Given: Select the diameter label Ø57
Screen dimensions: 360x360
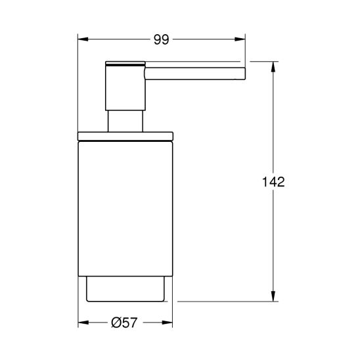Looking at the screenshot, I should coord(125,323).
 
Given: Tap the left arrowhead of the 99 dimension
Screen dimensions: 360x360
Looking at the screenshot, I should coord(82,39).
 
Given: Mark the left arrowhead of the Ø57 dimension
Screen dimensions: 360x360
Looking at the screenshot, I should coord(82,323).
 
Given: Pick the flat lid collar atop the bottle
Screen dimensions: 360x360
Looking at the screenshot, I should coord(125,136).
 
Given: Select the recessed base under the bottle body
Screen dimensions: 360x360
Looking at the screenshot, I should coord(125,289).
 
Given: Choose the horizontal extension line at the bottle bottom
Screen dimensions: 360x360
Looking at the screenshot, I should coord(223,301).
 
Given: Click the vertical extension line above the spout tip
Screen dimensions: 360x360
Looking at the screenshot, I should coord(245,49).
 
